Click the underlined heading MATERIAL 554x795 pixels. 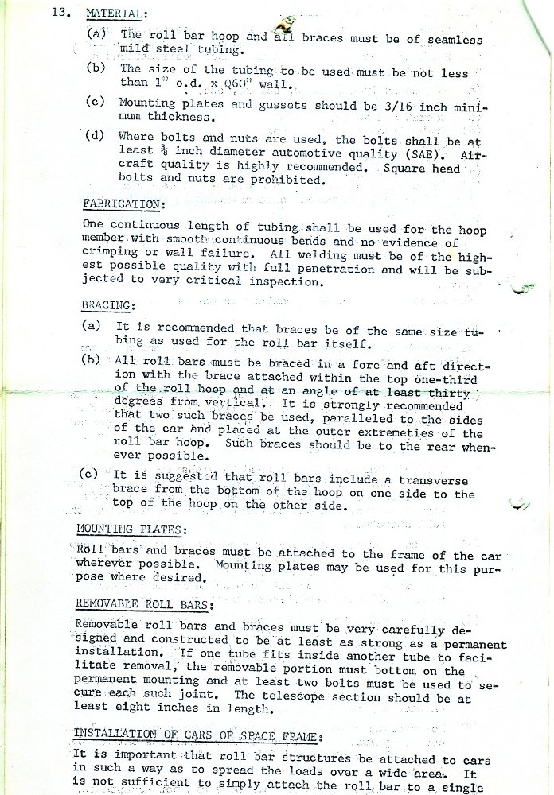pyautogui.click(x=116, y=14)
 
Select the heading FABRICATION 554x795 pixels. pyautogui.click(x=123, y=204)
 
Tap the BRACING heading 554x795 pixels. pyautogui.click(x=108, y=305)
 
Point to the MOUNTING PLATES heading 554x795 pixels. pyautogui.click(x=131, y=529)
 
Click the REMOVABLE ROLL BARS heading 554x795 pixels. pyautogui.click(x=142, y=605)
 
